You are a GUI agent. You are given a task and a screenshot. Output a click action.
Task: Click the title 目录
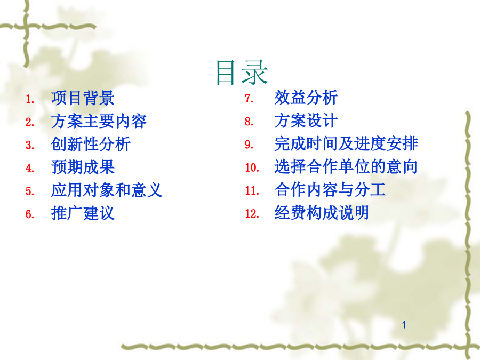click(x=242, y=72)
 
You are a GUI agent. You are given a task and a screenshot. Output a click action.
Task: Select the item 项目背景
click(x=83, y=98)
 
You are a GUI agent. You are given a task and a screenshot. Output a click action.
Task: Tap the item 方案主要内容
click(x=99, y=121)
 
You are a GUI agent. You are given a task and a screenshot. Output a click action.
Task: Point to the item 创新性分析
click(x=91, y=144)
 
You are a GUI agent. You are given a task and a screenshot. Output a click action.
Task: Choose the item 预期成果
click(x=83, y=167)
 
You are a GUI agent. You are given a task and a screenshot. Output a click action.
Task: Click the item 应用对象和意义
click(x=107, y=190)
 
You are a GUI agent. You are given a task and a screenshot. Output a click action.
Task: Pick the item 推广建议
click(x=83, y=213)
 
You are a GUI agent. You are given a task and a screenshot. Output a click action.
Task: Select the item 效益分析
click(x=306, y=98)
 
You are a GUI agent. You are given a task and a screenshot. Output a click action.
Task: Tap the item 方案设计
click(x=306, y=121)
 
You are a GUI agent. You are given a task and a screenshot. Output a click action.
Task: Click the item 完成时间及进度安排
click(x=346, y=143)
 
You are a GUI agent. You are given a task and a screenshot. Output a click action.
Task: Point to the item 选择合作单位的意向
click(x=346, y=166)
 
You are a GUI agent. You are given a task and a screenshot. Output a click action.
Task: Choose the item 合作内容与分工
click(x=330, y=189)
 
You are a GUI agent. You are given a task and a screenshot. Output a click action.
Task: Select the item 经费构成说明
click(x=322, y=212)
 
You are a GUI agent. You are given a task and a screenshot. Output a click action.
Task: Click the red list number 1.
click(x=30, y=99)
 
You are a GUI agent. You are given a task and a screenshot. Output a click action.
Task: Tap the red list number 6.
click(x=30, y=214)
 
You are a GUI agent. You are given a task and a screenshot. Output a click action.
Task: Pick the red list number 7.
click(x=249, y=98)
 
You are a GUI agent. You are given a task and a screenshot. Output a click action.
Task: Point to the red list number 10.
click(x=252, y=167)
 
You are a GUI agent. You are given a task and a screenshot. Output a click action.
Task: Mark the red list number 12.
click(x=252, y=213)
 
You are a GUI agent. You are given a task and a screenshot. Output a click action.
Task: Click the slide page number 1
click(x=404, y=325)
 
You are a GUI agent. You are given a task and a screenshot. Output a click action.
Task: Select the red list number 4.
click(x=30, y=168)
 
